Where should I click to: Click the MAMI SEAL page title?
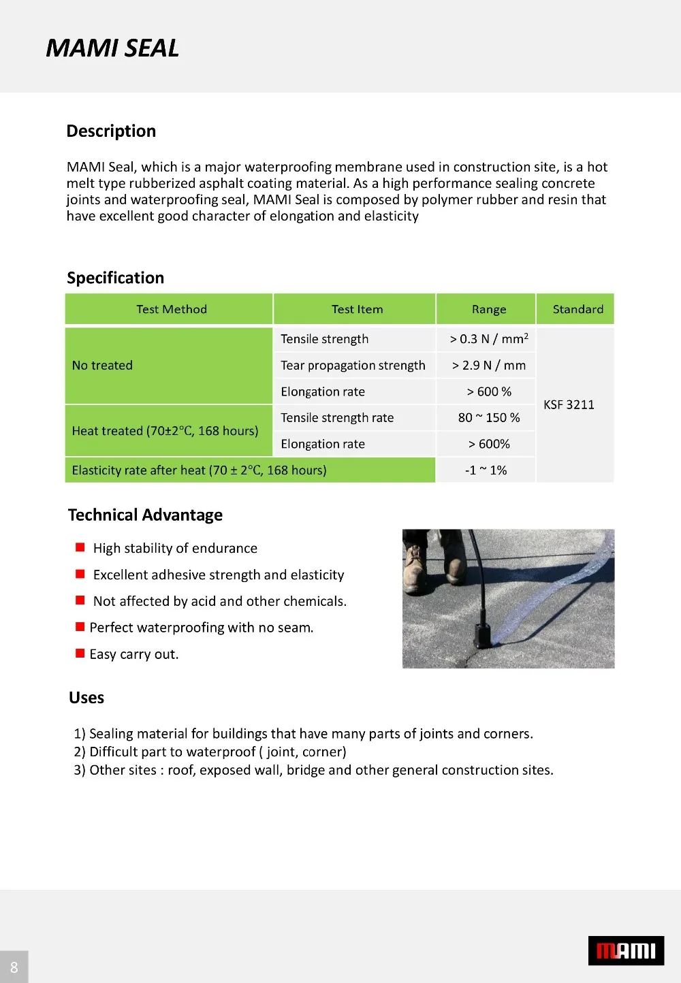click(112, 48)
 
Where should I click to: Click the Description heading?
click(111, 131)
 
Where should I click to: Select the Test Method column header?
click(171, 309)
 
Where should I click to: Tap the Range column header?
click(489, 309)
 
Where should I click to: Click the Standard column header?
click(577, 309)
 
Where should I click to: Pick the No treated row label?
click(102, 366)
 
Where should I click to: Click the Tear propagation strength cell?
click(353, 366)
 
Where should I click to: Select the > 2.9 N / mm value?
click(489, 366)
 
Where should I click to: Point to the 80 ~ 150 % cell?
click(489, 418)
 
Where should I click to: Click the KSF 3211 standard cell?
click(569, 405)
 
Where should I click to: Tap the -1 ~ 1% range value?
click(486, 470)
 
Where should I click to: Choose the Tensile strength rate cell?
click(337, 418)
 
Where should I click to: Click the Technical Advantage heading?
click(145, 515)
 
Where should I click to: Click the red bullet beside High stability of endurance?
click(80, 547)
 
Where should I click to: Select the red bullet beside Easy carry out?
click(80, 654)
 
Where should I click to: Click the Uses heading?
click(86, 698)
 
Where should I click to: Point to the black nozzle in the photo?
click(484, 633)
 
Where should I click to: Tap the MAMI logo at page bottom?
click(626, 950)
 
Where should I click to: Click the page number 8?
click(14, 967)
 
